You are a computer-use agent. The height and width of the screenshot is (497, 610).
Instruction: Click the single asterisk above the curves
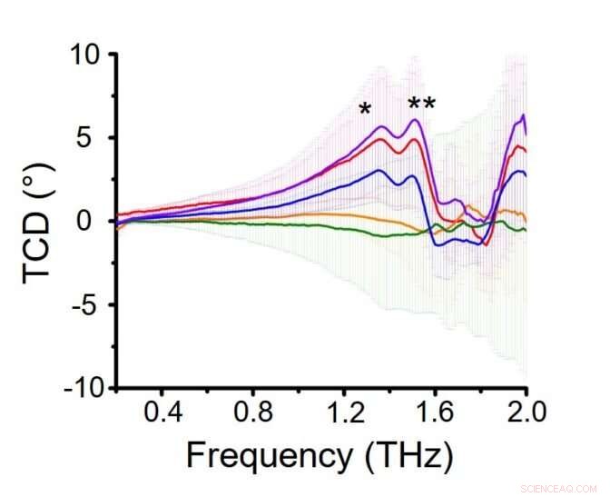tap(365, 111)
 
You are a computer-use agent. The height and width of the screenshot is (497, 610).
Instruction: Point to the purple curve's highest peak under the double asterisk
tap(416, 120)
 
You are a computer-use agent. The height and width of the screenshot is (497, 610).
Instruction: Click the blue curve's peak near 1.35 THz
tap(380, 170)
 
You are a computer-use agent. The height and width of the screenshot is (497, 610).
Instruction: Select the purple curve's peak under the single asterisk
tap(382, 126)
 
